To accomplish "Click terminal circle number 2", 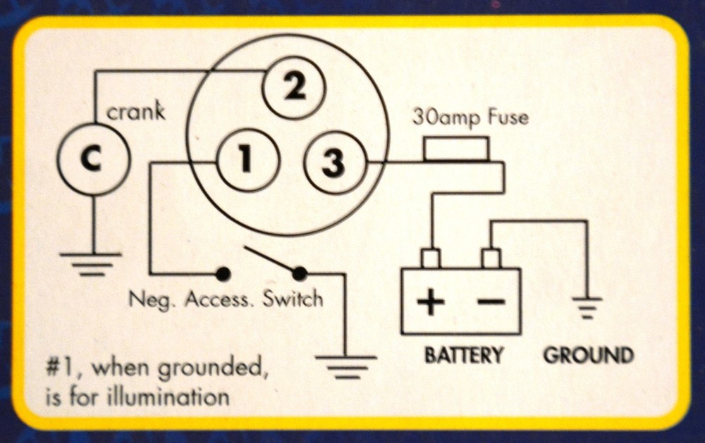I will click(295, 89).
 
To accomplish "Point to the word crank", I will click(135, 112).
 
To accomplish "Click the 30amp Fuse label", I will click(470, 117).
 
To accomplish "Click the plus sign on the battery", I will click(431, 304).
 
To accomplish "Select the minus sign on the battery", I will click(491, 303).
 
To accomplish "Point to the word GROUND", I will click(588, 354).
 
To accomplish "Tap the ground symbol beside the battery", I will click(587, 308).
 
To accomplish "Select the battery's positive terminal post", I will click(431, 258).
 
